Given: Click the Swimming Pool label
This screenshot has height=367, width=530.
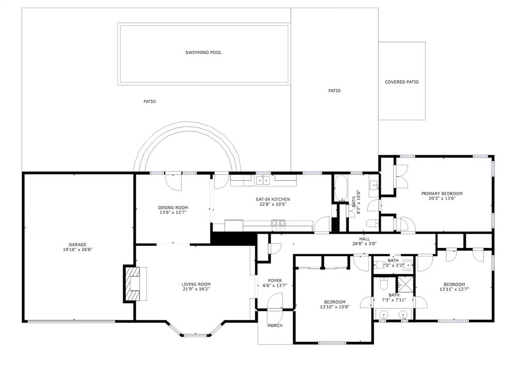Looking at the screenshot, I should click(203, 52).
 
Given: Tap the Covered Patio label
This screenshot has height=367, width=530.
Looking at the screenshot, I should click(402, 82).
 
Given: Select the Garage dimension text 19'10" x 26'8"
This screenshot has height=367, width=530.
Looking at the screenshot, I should click(78, 249).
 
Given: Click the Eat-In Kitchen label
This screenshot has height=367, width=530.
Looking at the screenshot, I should click(273, 199).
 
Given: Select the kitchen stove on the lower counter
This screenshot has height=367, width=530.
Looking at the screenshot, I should click(278, 223).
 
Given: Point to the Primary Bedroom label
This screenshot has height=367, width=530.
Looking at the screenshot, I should click(441, 193).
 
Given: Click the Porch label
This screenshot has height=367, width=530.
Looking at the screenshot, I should click(275, 326).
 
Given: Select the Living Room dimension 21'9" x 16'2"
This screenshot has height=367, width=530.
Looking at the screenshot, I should click(196, 289).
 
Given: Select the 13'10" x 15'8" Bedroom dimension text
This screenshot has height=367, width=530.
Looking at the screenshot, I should click(334, 307).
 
